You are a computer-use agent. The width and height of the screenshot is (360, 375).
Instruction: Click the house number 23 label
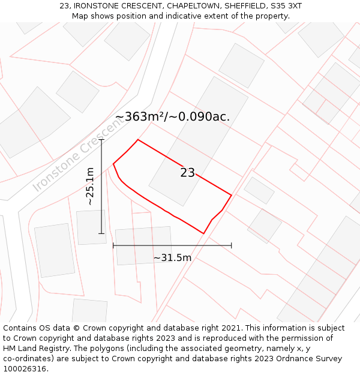coord(187,173)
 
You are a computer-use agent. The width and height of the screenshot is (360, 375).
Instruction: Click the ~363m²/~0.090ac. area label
coord(172,117)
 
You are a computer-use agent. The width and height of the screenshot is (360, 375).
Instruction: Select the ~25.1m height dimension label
coord(90,186)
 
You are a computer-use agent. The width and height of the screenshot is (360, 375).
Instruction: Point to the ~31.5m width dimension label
coord(172,258)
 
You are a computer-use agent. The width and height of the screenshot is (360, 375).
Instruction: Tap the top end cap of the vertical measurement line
coord(101,140)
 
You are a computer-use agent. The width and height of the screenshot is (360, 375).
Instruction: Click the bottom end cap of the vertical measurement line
coord(101,233)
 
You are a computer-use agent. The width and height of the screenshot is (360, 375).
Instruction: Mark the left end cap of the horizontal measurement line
coord(113,245)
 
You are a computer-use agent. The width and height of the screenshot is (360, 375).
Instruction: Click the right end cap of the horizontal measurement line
coord(231,245)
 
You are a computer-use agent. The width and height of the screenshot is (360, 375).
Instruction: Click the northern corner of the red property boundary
coord(138,140)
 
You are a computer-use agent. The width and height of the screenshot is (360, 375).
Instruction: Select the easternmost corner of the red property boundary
coord(231,195)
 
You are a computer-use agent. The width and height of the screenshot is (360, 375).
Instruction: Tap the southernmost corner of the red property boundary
coord(203,233)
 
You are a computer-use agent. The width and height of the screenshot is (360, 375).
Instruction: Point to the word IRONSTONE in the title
coord(98,6)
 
